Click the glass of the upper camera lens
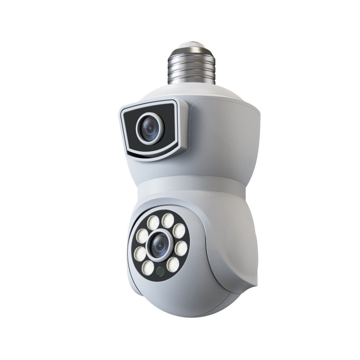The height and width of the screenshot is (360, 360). click(x=150, y=126)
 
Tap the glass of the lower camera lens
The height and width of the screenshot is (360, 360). click(x=159, y=246)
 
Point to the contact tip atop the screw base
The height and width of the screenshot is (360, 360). click(x=191, y=45)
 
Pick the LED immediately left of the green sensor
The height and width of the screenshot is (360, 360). click(x=148, y=267)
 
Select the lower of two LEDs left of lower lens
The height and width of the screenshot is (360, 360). click(x=140, y=253)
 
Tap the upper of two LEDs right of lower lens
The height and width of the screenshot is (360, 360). click(x=179, y=231)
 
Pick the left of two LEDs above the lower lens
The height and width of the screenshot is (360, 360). click(x=153, y=222)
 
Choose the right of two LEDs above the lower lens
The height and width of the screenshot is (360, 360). click(x=168, y=220)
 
